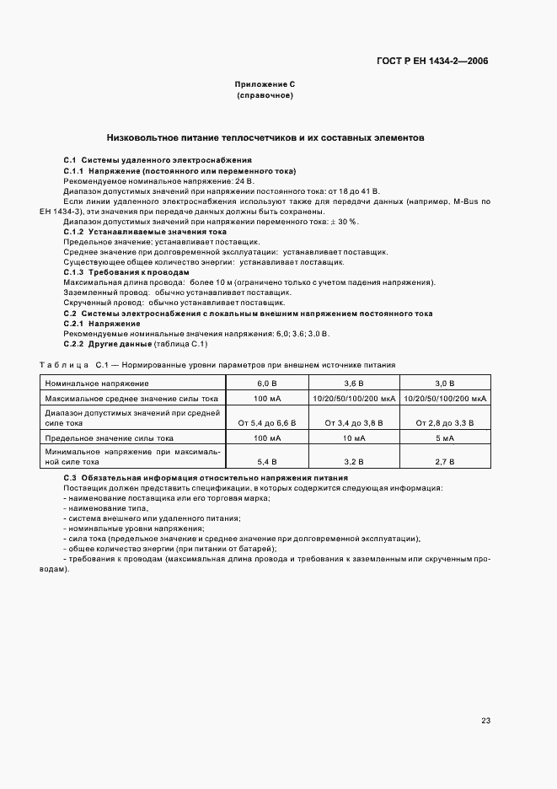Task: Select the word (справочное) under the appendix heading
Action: click(x=265, y=96)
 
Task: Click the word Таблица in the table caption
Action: click(x=64, y=365)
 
